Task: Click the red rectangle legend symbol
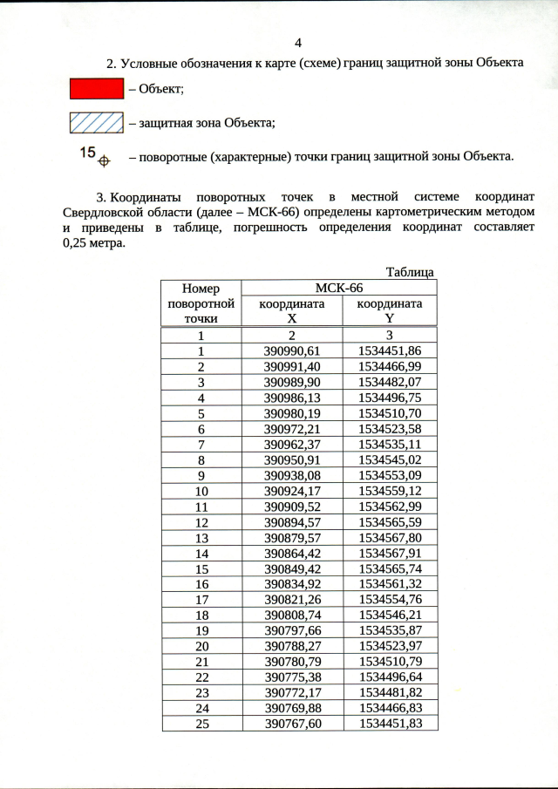click(x=96, y=89)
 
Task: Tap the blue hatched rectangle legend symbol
click(x=96, y=123)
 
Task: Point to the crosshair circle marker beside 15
click(x=103, y=160)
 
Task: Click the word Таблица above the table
click(x=410, y=272)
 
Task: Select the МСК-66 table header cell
click(x=338, y=289)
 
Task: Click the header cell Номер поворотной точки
click(x=201, y=303)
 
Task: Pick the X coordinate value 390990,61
click(x=292, y=350)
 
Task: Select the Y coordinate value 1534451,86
click(x=390, y=350)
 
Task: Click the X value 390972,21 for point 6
click(x=292, y=429)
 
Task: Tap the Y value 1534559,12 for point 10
click(x=390, y=492)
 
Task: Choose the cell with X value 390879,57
click(x=292, y=539)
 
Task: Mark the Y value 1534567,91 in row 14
click(x=390, y=554)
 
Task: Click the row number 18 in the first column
click(x=201, y=617)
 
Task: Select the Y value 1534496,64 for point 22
click(x=390, y=680)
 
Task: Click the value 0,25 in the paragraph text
click(x=80, y=244)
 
